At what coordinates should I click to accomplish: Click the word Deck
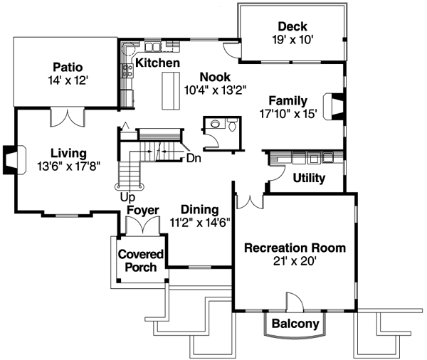292,27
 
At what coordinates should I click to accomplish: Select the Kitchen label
157,63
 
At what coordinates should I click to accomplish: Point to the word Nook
214,77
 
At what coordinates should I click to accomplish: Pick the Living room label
68,153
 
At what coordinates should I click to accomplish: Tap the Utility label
309,178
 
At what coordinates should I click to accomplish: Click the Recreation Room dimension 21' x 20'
295,261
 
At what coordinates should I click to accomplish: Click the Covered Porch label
140,260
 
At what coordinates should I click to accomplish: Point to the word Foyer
142,211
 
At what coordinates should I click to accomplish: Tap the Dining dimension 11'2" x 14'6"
198,222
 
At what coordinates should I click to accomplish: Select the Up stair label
127,196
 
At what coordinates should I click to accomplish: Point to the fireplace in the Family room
332,106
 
